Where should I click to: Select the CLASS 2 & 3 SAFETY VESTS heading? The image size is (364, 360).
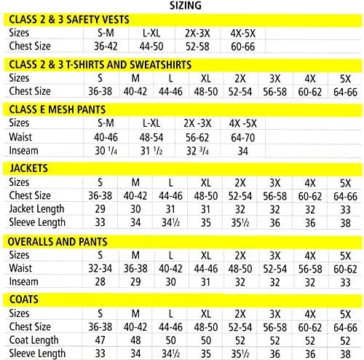click(71, 21)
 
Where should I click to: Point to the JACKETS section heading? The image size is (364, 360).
click(30, 168)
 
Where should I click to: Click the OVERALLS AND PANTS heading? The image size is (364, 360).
click(58, 241)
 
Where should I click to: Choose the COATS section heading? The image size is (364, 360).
click(25, 300)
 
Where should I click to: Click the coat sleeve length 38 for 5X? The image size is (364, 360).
click(341, 354)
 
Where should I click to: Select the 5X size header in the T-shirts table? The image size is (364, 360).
click(341, 78)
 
